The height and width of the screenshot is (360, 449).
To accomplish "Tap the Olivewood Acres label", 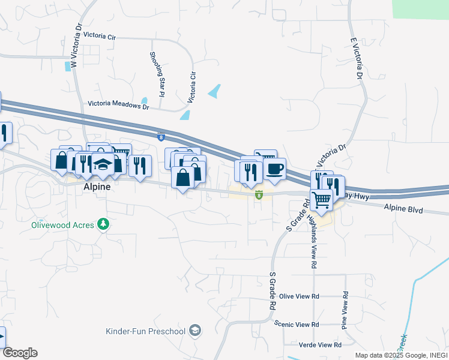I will pyautogui.click(x=62, y=225).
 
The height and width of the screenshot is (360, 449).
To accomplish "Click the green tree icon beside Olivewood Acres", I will pyautogui.click(x=104, y=224).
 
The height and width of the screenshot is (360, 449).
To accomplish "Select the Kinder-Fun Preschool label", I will pyautogui.click(x=146, y=331).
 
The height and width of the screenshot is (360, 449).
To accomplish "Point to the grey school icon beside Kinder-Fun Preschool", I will pyautogui.click(x=194, y=330).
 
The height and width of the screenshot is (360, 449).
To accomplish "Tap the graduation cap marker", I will pyautogui.click(x=103, y=165).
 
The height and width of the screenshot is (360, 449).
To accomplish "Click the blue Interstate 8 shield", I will pyautogui.click(x=161, y=137).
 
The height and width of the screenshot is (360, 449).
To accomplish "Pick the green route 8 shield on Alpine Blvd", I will pyautogui.click(x=259, y=194).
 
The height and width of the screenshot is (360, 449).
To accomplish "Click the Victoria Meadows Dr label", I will pyautogui.click(x=118, y=104).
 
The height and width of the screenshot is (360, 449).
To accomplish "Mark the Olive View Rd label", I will pyautogui.click(x=299, y=296).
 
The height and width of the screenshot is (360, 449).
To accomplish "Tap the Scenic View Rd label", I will pyautogui.click(x=296, y=324).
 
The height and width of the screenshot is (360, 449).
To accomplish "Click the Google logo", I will pyautogui.click(x=19, y=353).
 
